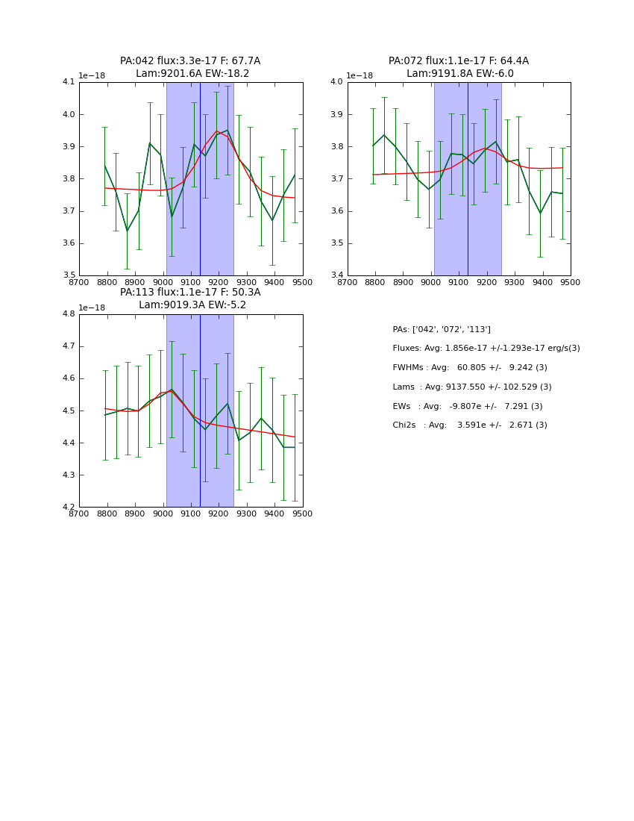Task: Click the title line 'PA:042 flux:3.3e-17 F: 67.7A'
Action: [190, 61]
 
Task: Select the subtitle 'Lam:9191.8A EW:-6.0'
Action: [459, 74]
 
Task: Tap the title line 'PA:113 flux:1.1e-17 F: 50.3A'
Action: [190, 293]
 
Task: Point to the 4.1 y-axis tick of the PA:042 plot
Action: [69, 82]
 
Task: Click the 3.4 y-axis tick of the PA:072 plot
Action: [336, 275]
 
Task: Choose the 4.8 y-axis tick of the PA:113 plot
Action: [69, 314]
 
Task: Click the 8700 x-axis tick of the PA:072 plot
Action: [348, 282]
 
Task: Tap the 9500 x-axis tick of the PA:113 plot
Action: [302, 513]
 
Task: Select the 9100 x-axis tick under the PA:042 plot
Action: [191, 282]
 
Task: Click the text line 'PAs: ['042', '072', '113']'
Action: [442, 329]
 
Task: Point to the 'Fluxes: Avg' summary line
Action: [486, 349]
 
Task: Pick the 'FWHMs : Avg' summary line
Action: [470, 368]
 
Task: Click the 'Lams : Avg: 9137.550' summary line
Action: [472, 387]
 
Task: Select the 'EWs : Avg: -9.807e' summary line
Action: [468, 406]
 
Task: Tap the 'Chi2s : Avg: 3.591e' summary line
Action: [470, 425]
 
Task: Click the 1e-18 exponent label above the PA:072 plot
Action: [360, 75]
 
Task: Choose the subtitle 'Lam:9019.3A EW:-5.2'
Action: [192, 305]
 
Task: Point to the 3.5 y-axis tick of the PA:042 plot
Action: [69, 275]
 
